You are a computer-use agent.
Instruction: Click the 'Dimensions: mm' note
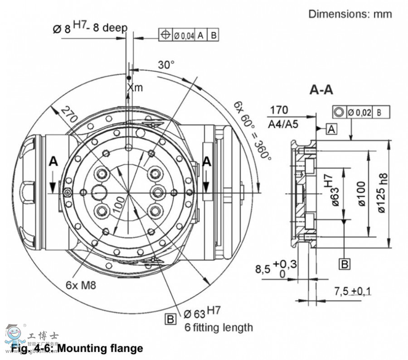tap(350, 14)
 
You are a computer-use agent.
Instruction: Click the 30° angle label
tap(166, 65)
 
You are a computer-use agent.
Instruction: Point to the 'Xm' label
tap(135, 87)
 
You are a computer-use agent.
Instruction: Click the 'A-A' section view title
tap(321, 90)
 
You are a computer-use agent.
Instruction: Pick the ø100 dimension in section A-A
tap(361, 194)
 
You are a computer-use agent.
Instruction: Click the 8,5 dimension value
tap(263, 269)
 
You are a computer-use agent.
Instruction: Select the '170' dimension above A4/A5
tap(279, 110)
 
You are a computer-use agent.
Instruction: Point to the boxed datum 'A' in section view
tap(332, 130)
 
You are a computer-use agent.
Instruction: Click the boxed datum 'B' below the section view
tap(345, 264)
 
